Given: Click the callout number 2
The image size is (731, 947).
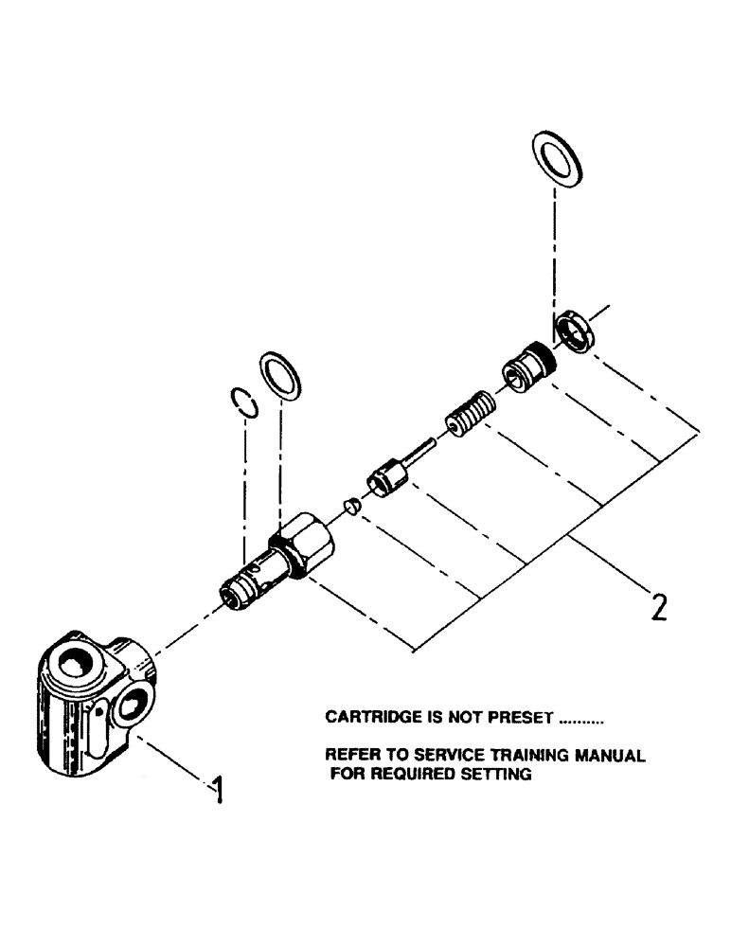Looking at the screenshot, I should click(x=657, y=603).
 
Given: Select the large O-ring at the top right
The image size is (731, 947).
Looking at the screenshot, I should click(x=558, y=157).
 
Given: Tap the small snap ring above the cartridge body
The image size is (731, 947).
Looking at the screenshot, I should click(x=245, y=402).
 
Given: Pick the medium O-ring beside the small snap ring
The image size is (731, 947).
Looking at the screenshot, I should click(x=281, y=375).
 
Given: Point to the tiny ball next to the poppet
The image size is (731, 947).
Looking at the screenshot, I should click(x=351, y=507).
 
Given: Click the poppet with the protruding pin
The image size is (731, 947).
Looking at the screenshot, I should click(x=388, y=470).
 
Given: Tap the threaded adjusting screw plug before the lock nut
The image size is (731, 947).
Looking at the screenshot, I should click(x=523, y=370).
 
